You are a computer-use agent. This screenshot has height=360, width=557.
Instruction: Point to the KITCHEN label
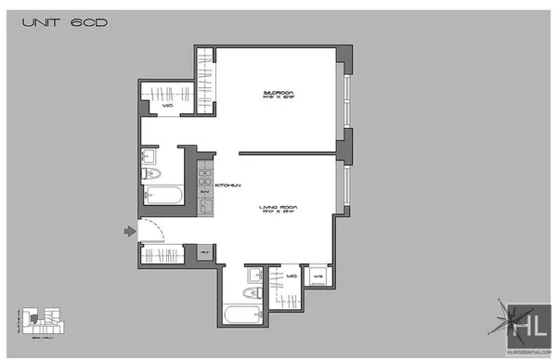227,186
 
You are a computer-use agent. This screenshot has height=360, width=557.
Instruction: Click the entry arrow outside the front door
128,231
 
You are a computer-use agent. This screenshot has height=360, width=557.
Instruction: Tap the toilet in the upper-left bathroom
152,174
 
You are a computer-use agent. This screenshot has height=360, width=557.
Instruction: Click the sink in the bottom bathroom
253,275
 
